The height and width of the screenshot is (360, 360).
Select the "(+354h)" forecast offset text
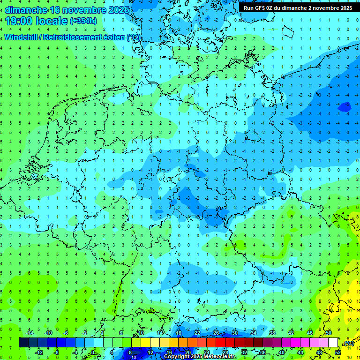point(83,21)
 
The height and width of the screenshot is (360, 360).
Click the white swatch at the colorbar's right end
point(333,343)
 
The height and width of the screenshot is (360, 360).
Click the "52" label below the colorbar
point(338,352)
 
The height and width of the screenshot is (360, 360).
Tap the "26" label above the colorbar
point(216,333)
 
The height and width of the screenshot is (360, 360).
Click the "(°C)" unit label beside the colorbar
point(348,343)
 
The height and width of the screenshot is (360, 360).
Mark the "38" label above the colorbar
point(272,333)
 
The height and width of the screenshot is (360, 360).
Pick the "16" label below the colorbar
point(169,352)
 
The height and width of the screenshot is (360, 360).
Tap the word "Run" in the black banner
point(248,8)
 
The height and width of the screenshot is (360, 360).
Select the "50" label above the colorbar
point(329,333)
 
